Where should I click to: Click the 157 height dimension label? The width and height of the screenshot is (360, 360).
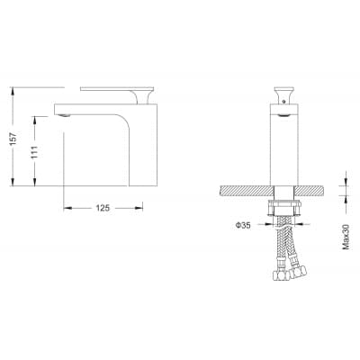coord(13,139)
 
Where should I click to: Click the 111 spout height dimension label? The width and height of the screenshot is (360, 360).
coord(34,151)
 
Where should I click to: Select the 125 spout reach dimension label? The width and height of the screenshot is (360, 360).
coord(103,208)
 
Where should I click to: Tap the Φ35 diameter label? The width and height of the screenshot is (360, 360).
coord(243,225)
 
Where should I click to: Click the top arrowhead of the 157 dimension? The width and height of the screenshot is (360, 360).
coord(13,91)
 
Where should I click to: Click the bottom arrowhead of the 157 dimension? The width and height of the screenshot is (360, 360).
coord(13,182)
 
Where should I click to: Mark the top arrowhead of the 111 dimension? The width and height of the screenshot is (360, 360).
coord(35,121)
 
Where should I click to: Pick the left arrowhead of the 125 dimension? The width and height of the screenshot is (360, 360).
coord(67,208)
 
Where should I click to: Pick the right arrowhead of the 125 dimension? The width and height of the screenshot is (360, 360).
coord(139,208)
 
